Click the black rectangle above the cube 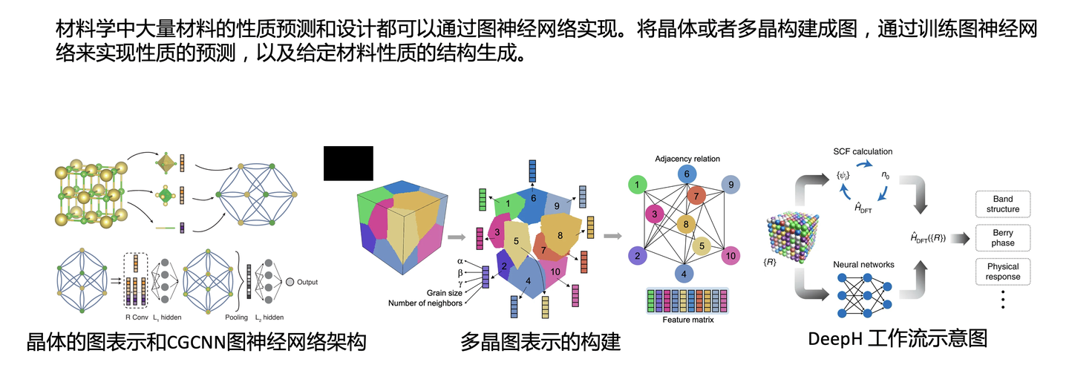(x=348, y=163)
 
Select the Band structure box (x=1002, y=204)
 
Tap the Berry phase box (x=1002, y=238)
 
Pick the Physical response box (x=1002, y=272)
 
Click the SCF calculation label (x=862, y=152)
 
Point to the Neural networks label (x=863, y=264)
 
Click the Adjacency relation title (x=687, y=159)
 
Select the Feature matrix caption (x=687, y=320)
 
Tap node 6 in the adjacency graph (x=687, y=174)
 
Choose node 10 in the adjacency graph (x=731, y=256)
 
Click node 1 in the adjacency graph (x=637, y=183)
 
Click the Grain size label (x=445, y=292)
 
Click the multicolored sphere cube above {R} (x=796, y=226)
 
